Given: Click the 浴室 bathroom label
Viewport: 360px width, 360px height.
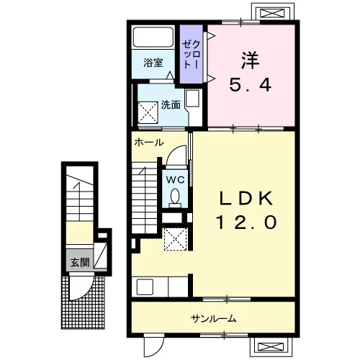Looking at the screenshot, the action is pos(153,63).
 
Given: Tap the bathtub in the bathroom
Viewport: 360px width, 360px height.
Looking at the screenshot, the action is pos(153,37).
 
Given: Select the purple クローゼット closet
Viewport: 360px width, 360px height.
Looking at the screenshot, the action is pos(192,54).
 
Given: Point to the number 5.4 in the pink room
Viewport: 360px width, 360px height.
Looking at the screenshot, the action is pos(251,84).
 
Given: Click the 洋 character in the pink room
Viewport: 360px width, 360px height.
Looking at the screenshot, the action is pos(251,60).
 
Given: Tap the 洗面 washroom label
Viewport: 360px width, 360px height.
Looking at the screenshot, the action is pos(171,105).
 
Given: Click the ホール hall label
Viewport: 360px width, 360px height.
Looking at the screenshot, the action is pos(149,143).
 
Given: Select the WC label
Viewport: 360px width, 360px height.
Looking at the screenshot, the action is pos(176,179).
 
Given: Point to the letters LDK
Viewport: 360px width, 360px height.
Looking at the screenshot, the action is pos(246,198).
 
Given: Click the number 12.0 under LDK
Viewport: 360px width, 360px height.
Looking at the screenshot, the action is pos(247,222).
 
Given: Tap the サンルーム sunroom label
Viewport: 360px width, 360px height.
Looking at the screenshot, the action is pos(213,319).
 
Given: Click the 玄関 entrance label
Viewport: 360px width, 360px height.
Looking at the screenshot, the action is pos(80,262).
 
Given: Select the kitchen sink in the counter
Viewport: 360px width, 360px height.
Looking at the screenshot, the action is pos(145,287).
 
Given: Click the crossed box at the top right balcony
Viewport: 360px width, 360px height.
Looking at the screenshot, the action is pos(272,13).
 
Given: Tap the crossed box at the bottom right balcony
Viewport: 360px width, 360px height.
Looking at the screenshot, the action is pos(270,346).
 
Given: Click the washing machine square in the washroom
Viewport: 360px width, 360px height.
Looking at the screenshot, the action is pos(148,113).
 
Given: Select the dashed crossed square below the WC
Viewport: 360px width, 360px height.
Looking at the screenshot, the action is pos(176,240).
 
